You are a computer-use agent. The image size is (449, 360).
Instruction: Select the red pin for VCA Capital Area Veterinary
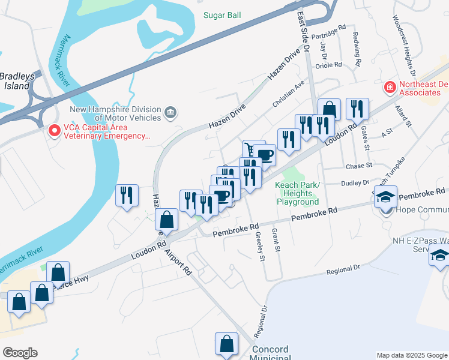(x=54, y=130)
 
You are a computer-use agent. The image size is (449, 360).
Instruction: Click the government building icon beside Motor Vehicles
(x=170, y=110)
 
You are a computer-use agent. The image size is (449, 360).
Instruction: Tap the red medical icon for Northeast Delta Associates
(x=390, y=88)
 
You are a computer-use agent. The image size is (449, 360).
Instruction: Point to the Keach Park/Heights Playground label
(x=298, y=193)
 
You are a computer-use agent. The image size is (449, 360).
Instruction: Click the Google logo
(x=20, y=353)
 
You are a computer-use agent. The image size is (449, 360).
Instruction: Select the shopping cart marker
(x=252, y=149)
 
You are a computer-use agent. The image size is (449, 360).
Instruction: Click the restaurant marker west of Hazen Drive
(x=127, y=195)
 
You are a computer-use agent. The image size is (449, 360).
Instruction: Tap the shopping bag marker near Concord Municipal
(x=226, y=344)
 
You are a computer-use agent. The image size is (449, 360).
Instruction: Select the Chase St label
(x=359, y=165)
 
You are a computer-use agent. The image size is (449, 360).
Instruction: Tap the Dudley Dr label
(x=355, y=183)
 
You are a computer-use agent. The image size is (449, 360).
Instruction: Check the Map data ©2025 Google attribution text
(x=411, y=355)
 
